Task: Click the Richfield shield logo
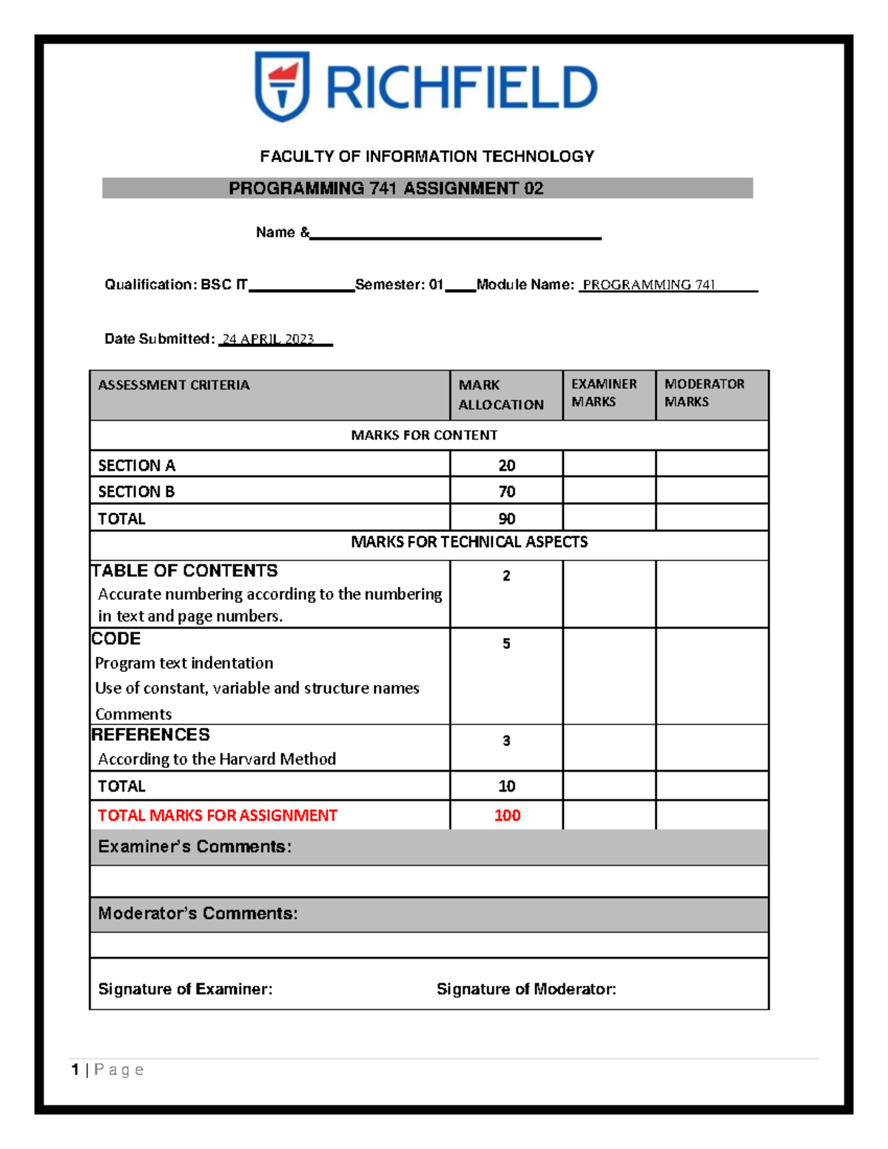tap(282, 86)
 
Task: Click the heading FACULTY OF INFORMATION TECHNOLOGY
tap(427, 157)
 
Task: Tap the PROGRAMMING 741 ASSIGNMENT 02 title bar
tap(386, 189)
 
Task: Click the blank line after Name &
tap(455, 235)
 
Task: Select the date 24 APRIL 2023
tap(269, 340)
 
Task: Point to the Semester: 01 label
tap(399, 285)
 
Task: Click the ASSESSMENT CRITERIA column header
tap(174, 385)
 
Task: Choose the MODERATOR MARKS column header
tap(704, 393)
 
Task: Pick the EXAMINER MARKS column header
tap(604, 393)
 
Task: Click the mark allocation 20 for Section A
tap(506, 465)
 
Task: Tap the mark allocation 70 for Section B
tap(506, 492)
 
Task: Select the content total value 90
tap(506, 519)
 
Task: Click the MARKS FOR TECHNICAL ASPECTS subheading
tap(469, 542)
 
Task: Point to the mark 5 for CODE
tap(506, 644)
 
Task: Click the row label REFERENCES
tap(151, 735)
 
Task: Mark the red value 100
tap(507, 815)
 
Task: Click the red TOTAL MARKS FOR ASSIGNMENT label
tap(218, 815)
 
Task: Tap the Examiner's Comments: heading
tap(195, 847)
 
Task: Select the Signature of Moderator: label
tap(526, 989)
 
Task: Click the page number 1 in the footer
tap(75, 1070)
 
